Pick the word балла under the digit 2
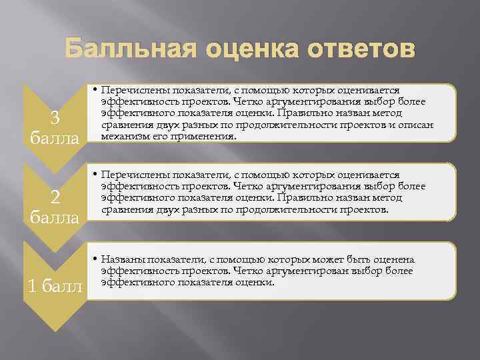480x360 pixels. [x=56, y=217]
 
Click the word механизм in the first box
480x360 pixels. [x=123, y=136]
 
